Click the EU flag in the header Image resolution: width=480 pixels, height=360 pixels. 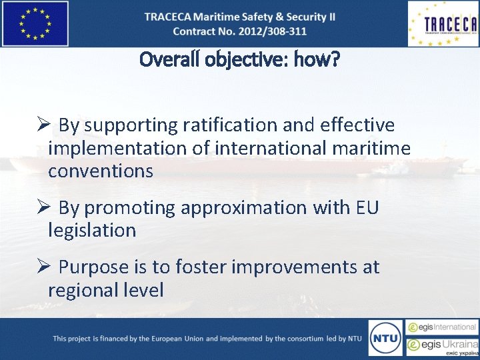(x=35, y=23)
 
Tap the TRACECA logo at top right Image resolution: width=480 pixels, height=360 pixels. (x=443, y=23)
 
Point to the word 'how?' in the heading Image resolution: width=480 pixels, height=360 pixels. (x=320, y=61)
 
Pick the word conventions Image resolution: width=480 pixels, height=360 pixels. (x=101, y=171)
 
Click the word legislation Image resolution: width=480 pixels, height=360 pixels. (x=92, y=231)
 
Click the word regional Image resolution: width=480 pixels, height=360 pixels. (x=85, y=290)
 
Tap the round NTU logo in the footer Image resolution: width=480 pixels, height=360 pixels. (x=386, y=338)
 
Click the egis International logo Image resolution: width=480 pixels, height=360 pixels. (x=443, y=327)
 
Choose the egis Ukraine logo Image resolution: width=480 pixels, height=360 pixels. (x=443, y=346)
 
